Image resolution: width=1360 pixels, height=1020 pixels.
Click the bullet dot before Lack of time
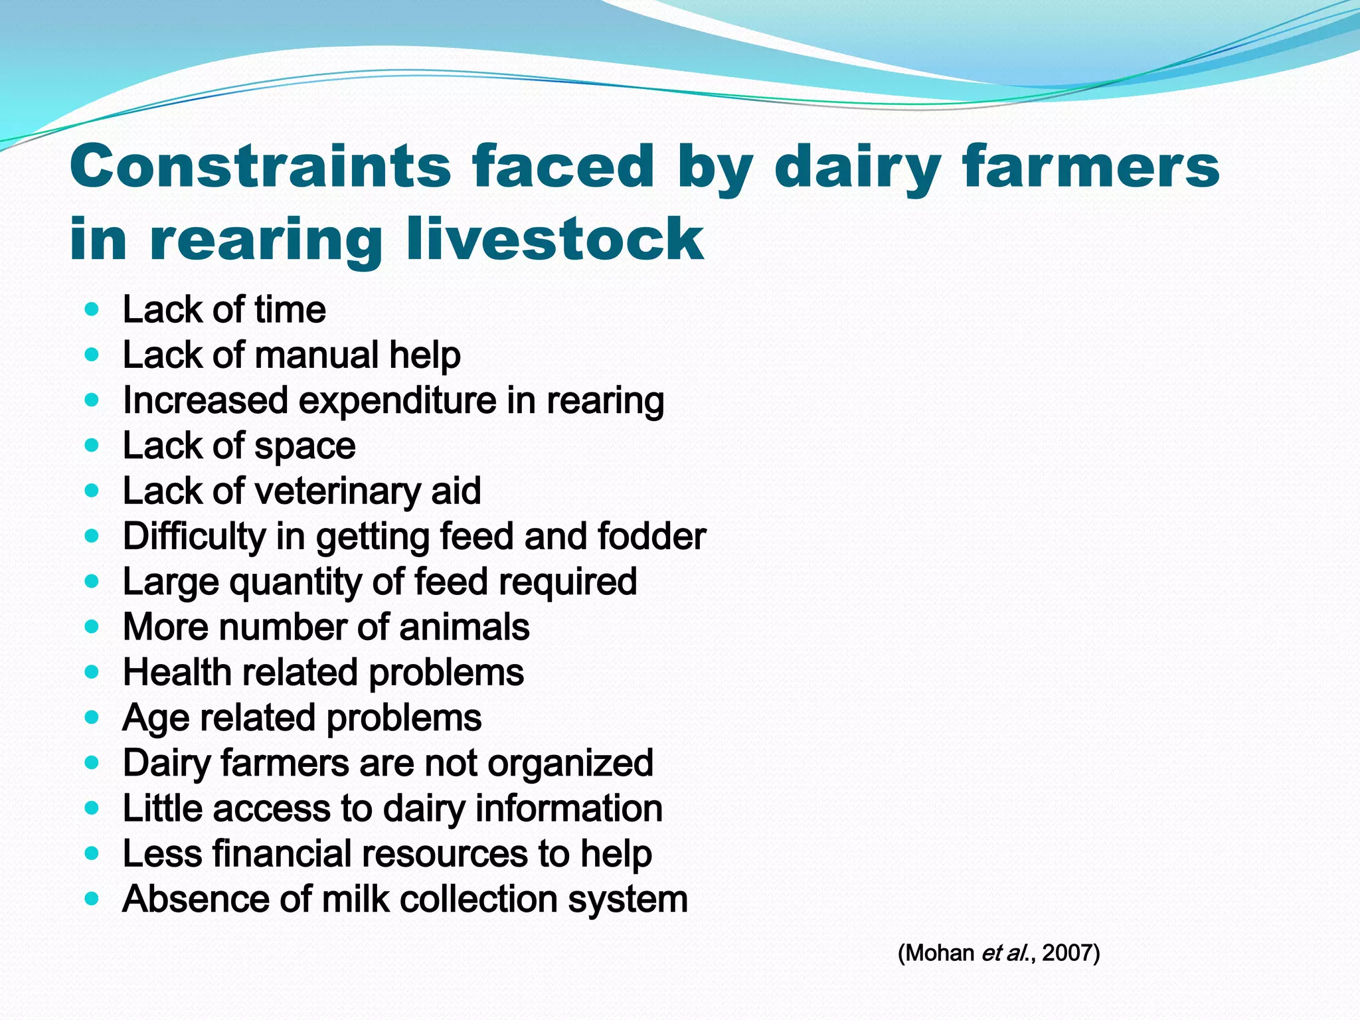pos(92,309)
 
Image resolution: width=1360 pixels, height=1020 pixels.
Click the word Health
pos(177,672)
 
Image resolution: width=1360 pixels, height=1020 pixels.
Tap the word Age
pos(155,718)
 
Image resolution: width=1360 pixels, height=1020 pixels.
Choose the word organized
pos(570,763)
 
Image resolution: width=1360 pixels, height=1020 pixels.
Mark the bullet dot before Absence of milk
pos(92,899)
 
